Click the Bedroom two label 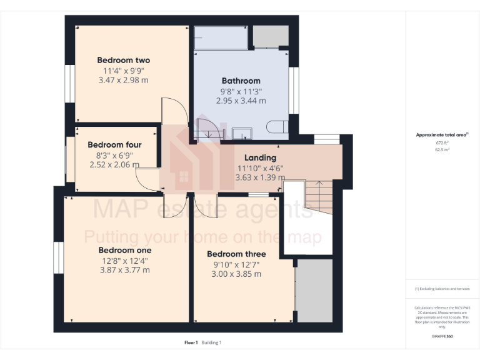click(x=123, y=60)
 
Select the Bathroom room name click(x=241, y=81)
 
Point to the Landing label click(x=260, y=157)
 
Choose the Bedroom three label click(x=236, y=254)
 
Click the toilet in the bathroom click(x=277, y=126)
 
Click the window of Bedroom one click(x=57, y=258)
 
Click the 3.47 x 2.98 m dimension click(x=123, y=80)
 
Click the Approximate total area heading click(x=441, y=135)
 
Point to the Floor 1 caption click(x=191, y=342)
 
